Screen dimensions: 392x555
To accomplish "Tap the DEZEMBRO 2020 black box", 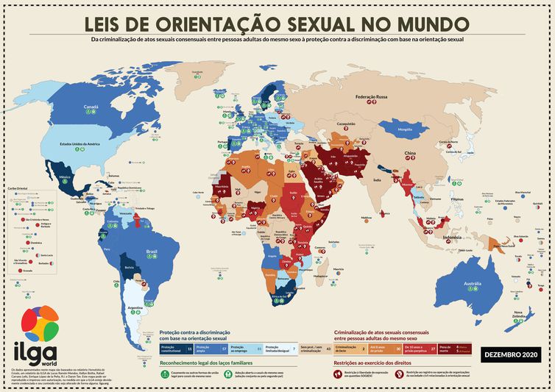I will [510, 355].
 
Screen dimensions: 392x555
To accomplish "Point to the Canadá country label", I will [91, 107].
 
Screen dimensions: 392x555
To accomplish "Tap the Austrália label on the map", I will [469, 284].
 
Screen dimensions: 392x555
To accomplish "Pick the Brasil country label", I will [152, 252].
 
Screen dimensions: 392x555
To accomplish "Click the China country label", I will [411, 154].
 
